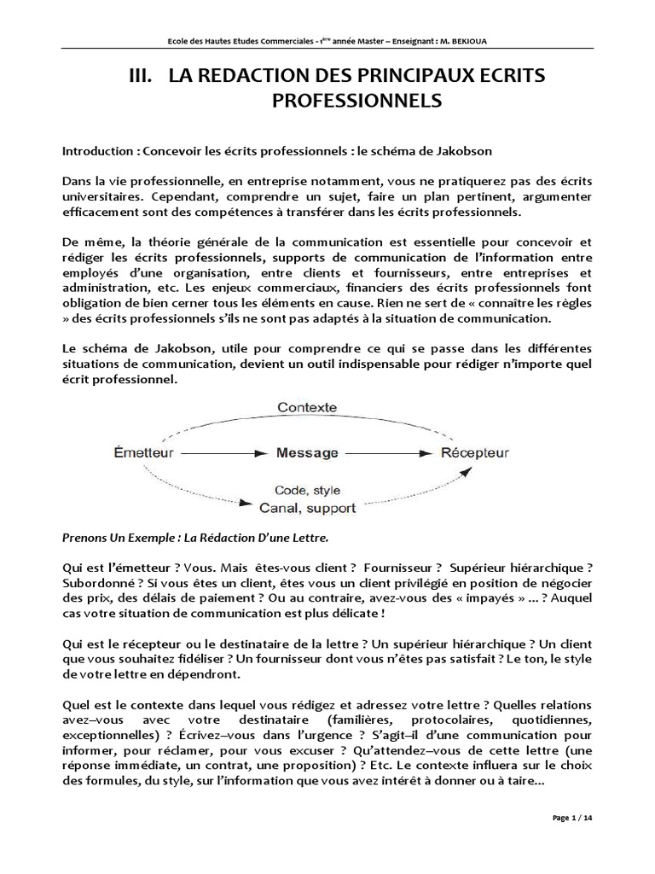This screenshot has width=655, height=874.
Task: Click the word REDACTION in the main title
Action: (x=246, y=77)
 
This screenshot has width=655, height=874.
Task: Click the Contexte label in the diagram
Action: (x=307, y=408)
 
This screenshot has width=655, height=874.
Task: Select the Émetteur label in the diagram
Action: (x=145, y=452)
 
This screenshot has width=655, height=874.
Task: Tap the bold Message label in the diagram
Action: (x=307, y=452)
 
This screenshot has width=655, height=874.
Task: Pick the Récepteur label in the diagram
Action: (x=474, y=452)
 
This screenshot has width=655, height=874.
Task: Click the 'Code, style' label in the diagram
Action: (x=308, y=490)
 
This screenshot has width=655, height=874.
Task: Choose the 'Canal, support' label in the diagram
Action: (x=308, y=508)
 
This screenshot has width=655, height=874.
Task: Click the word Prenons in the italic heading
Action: (x=88, y=539)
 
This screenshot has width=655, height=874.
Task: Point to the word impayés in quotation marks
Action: (x=460, y=597)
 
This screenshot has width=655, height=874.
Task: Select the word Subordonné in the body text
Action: (x=96, y=583)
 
